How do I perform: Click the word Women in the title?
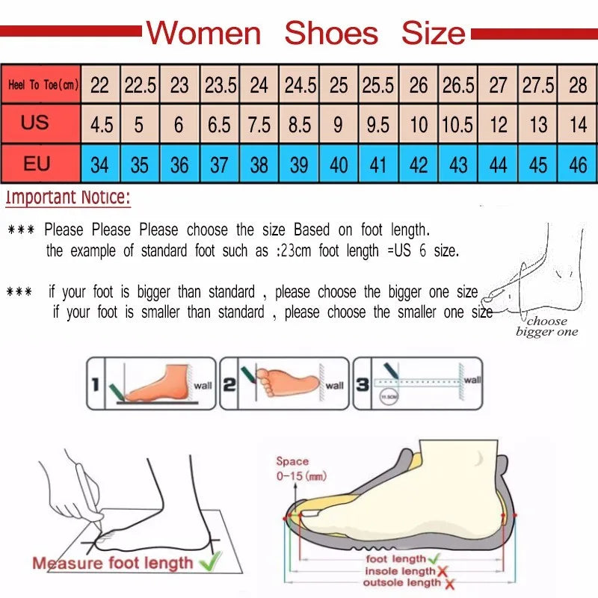[x=203, y=34]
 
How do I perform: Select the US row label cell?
[x=35, y=122]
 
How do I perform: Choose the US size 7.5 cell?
[x=259, y=124]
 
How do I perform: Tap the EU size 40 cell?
[x=339, y=164]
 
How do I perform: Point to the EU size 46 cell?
[x=578, y=164]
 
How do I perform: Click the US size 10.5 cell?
[x=457, y=124]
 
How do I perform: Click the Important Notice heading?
[x=68, y=199]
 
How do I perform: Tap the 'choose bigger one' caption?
[x=546, y=327]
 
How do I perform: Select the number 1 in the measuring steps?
[x=95, y=385]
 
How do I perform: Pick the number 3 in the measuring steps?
[x=363, y=384]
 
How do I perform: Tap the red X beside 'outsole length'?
[x=449, y=583]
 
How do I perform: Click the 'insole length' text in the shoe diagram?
[x=398, y=572]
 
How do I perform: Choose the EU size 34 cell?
[x=99, y=164]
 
